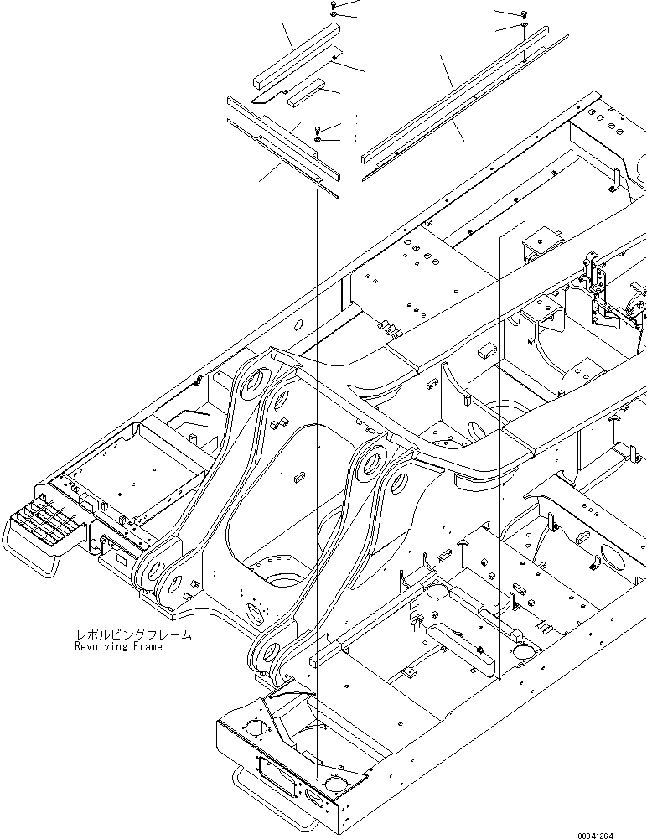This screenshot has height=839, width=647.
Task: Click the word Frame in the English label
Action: (x=147, y=647)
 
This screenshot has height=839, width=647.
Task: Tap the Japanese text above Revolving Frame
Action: (x=133, y=635)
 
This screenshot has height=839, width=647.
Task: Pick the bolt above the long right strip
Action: (x=524, y=13)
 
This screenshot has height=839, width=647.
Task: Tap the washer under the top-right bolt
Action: (x=524, y=27)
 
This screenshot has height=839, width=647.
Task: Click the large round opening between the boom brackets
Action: (x=279, y=578)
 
